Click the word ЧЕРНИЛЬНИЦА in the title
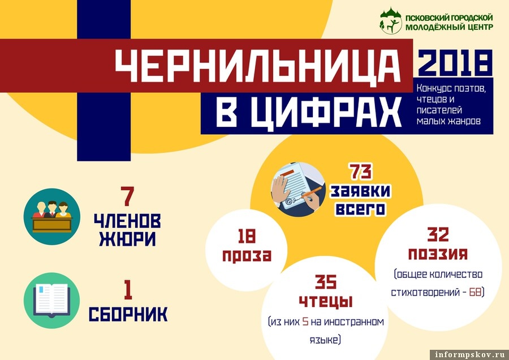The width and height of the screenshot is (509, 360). click(x=257, y=66)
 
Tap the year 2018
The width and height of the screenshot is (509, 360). click(x=455, y=63)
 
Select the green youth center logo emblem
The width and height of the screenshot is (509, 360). click(x=391, y=20)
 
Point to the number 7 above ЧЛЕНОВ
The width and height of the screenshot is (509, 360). click(x=127, y=196)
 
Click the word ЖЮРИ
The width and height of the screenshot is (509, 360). click(x=127, y=239)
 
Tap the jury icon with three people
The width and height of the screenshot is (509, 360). click(x=52, y=216)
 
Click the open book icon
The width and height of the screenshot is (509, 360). click(x=51, y=301)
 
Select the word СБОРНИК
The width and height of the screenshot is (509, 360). click(x=128, y=314)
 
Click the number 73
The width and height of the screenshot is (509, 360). click(x=361, y=172)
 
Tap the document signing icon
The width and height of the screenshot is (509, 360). click(x=298, y=190)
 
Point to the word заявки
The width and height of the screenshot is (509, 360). click(x=360, y=191)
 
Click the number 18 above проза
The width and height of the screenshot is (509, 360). click(x=247, y=236)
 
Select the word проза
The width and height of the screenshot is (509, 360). click(x=247, y=255)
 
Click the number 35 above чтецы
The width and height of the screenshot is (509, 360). click(x=326, y=282)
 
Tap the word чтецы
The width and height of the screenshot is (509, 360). click(x=326, y=302)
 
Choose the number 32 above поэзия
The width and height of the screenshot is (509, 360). click(x=438, y=234)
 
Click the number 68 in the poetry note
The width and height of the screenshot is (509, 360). click(x=475, y=292)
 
